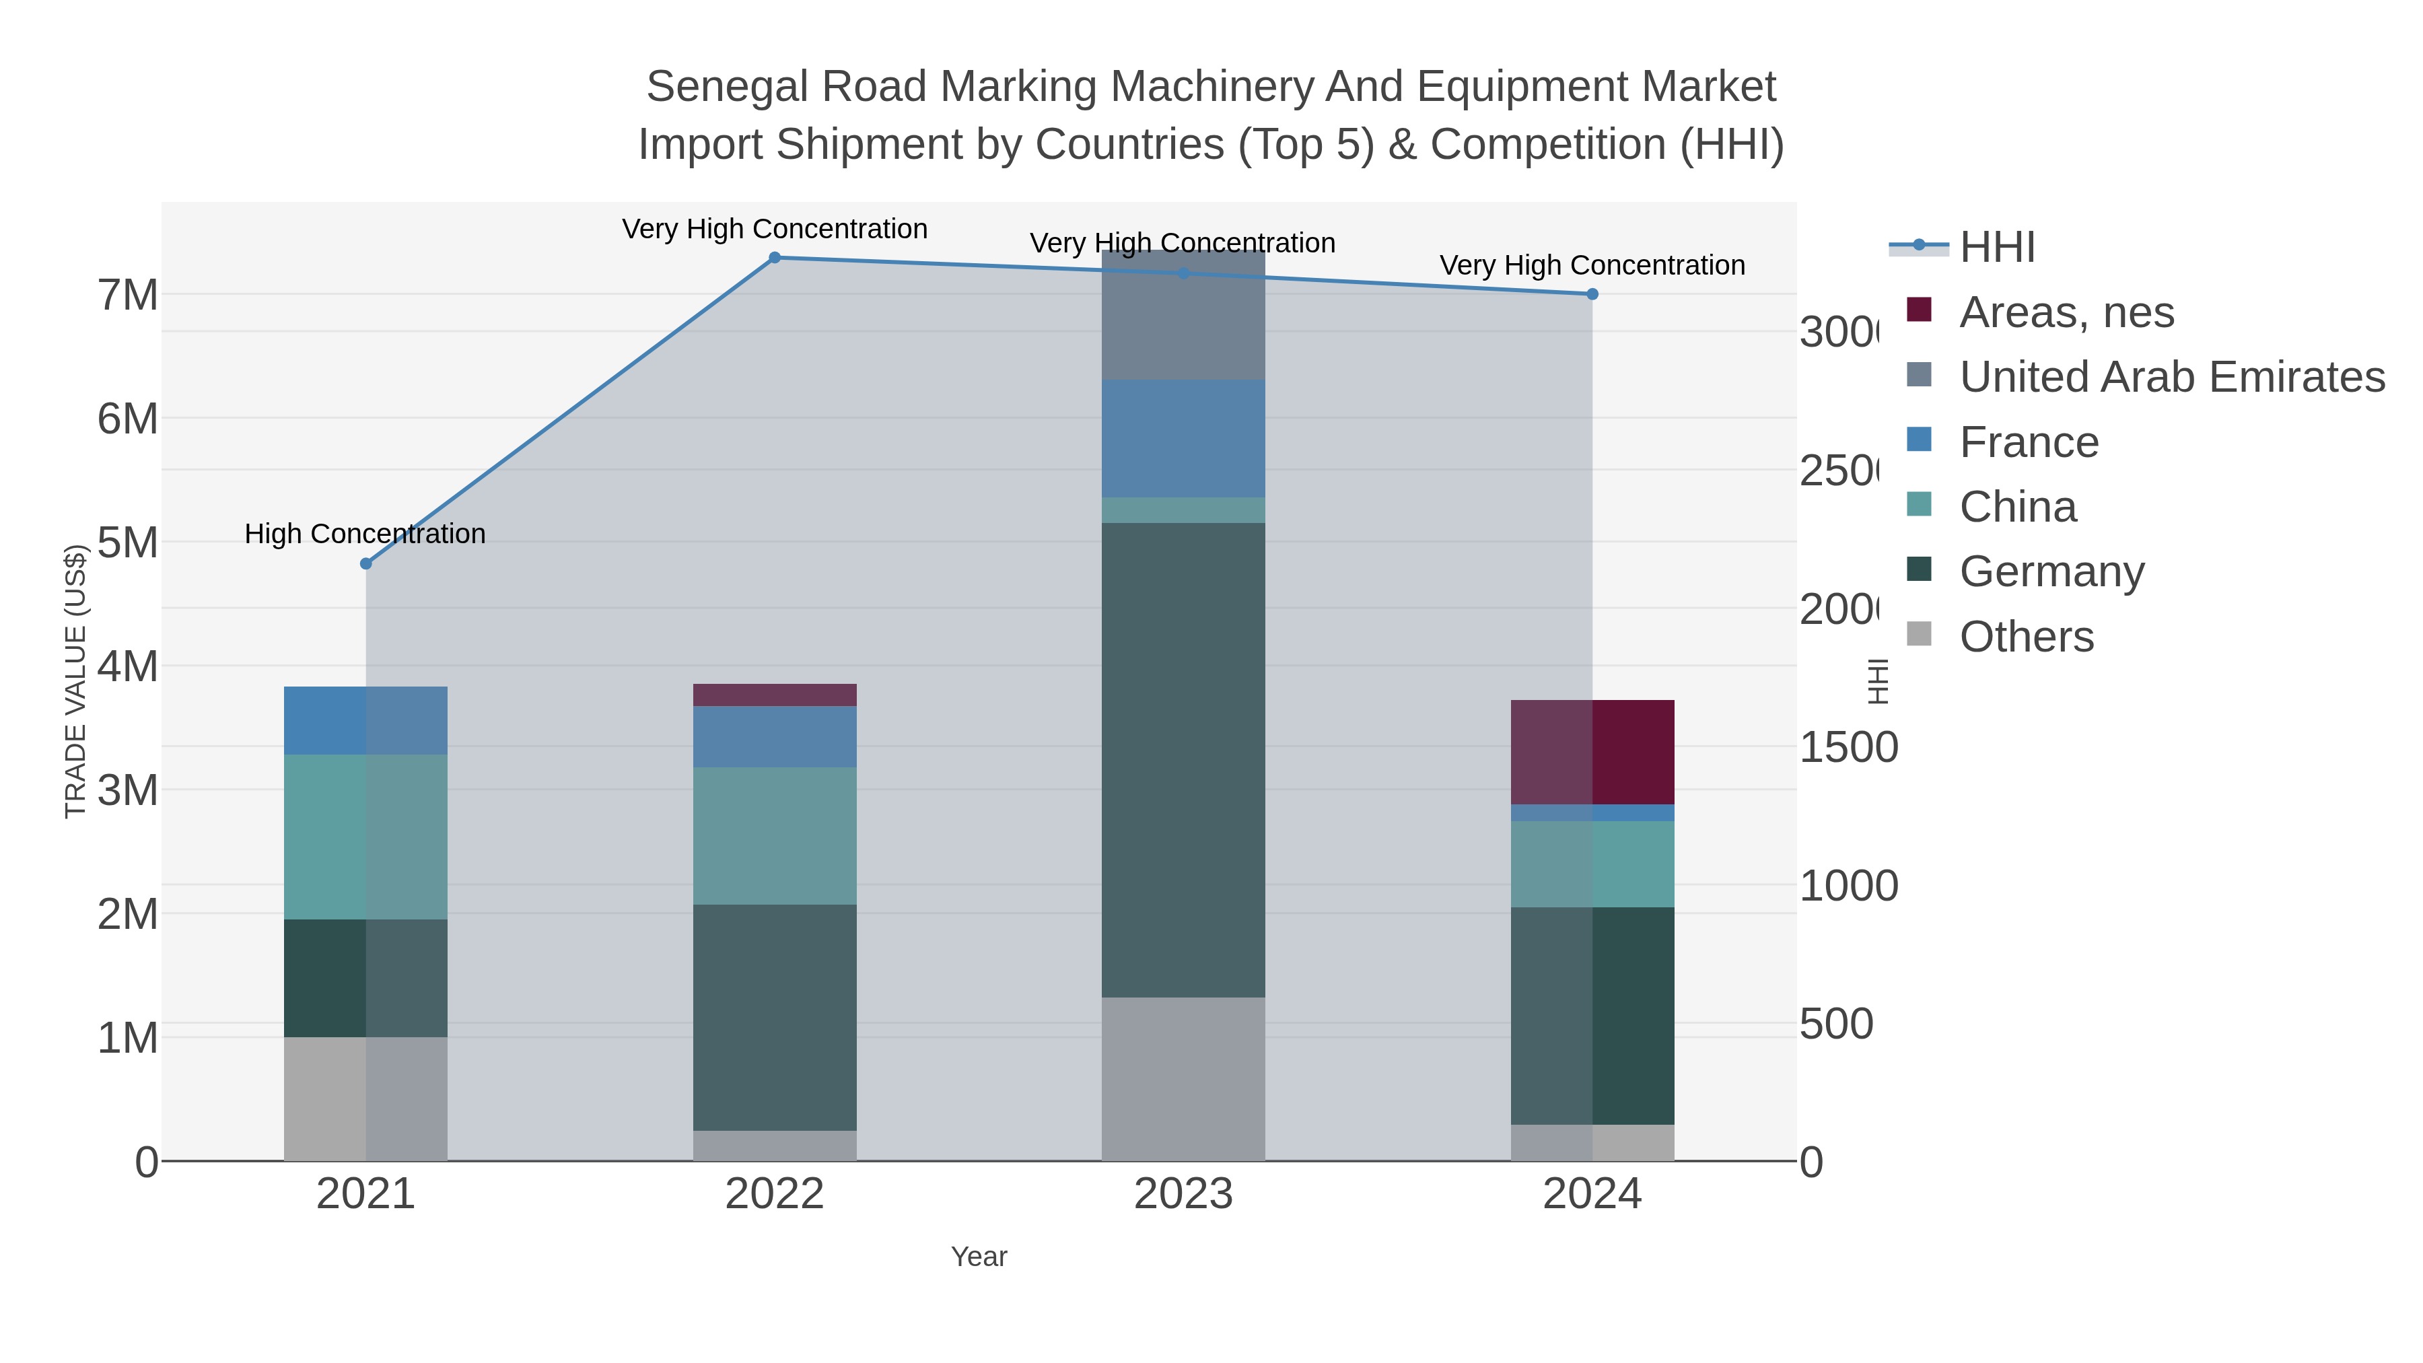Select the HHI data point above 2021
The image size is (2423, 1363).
(366, 563)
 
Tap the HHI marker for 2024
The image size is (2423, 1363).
(1592, 294)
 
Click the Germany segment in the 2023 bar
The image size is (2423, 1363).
(1183, 759)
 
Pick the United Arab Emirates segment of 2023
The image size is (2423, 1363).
(1183, 315)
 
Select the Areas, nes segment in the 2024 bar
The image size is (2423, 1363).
(1592, 752)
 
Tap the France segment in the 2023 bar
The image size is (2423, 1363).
(1183, 438)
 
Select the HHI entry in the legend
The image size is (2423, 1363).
(1997, 248)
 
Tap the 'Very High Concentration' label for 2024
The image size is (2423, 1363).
(1592, 265)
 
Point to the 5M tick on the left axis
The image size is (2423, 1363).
(128, 543)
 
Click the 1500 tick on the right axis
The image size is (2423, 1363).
(1848, 748)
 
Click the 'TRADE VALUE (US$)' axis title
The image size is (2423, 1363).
(75, 681)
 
